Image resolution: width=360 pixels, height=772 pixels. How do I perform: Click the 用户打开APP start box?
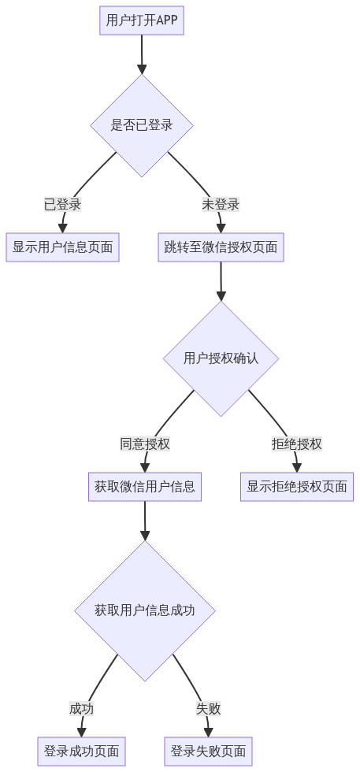point(142,20)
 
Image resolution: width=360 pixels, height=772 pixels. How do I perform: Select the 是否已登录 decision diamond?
point(142,125)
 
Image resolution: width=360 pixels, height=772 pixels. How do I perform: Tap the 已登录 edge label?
point(62,204)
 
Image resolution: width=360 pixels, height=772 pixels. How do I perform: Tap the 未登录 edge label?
point(221,204)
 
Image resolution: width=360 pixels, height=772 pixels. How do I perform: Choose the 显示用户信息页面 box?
point(62,247)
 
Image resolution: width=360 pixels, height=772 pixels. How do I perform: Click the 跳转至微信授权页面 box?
point(221,247)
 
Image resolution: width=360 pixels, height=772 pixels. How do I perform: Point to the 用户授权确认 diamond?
point(221,358)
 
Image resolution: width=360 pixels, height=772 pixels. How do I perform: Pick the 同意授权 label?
point(145,444)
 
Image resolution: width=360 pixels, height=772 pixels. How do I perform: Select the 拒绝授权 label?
point(297,444)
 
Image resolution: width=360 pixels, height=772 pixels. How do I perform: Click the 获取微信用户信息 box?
point(145,487)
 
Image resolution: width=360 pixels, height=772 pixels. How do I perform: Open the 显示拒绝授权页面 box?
point(297,487)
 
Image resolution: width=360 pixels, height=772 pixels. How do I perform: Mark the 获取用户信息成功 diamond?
point(145,611)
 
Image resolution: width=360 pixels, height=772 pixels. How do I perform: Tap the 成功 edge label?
point(82,709)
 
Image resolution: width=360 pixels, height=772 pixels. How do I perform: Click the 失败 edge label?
point(208,709)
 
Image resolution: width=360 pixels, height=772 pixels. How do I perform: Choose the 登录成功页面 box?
point(82,752)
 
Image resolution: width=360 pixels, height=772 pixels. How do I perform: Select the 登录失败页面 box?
point(208,752)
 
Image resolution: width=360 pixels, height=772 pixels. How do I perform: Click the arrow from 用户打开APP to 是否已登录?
point(142,54)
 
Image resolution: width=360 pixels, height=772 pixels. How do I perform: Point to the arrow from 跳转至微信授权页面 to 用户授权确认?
point(221,281)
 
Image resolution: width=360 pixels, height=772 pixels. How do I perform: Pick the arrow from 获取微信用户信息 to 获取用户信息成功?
point(145,521)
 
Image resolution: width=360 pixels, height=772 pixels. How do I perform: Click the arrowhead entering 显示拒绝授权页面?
point(297,468)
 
